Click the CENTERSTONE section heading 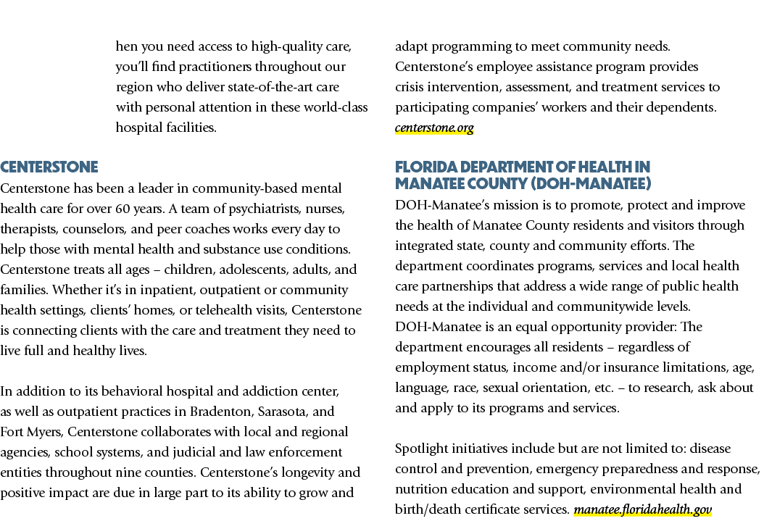point(49,167)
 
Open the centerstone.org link point(434,128)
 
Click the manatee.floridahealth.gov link point(643,509)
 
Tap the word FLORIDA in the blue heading point(425,167)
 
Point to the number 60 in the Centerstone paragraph point(123,209)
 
